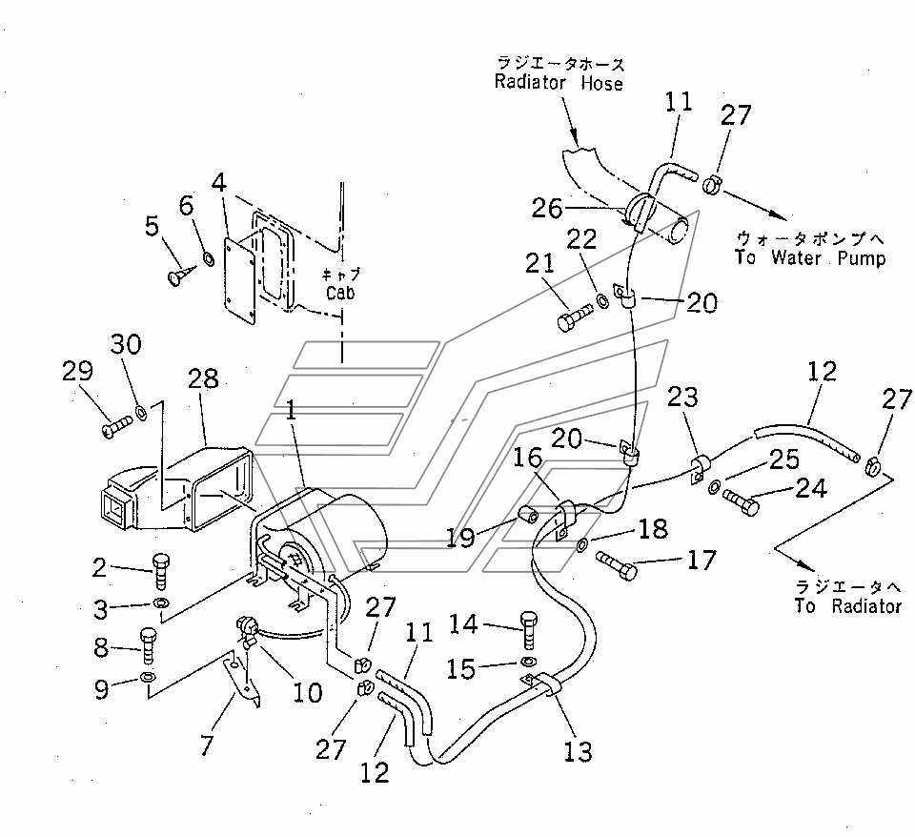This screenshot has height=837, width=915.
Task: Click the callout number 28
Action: click(x=203, y=378)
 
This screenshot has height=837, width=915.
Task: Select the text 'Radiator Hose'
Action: click(x=559, y=82)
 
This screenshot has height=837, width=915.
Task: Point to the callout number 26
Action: click(x=547, y=209)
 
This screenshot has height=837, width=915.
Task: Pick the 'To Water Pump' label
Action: click(x=810, y=257)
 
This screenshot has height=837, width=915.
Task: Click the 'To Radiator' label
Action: click(x=847, y=606)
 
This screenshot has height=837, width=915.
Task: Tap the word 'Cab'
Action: click(x=340, y=293)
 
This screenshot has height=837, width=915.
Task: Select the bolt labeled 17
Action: click(x=617, y=566)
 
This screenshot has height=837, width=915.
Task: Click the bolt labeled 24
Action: click(x=742, y=502)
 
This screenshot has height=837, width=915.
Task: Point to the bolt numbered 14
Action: click(x=529, y=630)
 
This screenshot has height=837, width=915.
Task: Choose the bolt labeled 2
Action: click(x=160, y=571)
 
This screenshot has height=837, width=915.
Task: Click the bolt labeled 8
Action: click(x=149, y=645)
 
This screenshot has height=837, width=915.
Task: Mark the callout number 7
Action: click(x=207, y=745)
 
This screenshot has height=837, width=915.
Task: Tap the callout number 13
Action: click(x=578, y=752)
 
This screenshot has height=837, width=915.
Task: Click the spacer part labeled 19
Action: click(x=529, y=516)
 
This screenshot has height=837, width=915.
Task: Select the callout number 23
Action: click(x=682, y=397)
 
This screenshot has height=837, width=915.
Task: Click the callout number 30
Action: click(x=126, y=344)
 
